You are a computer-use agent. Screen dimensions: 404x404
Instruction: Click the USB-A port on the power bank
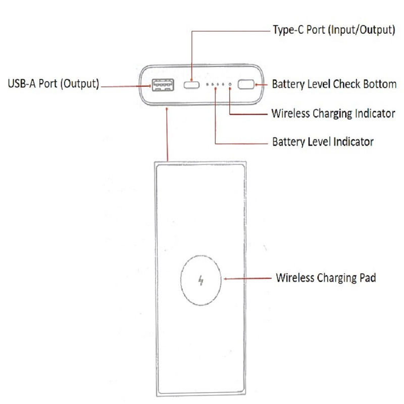(x=162, y=85)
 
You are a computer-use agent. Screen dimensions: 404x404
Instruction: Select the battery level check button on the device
(x=246, y=84)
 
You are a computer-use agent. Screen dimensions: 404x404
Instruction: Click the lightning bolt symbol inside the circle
(x=200, y=279)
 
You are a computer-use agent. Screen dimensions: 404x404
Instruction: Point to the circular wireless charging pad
(x=200, y=279)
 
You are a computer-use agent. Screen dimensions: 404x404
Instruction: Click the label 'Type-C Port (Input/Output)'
(x=334, y=30)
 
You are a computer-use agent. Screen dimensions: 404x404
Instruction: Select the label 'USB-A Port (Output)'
(x=53, y=83)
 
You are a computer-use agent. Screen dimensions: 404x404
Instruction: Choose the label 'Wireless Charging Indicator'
(x=333, y=113)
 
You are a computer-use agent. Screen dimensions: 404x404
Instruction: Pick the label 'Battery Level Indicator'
(x=323, y=142)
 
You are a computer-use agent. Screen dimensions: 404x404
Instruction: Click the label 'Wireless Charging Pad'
(x=326, y=278)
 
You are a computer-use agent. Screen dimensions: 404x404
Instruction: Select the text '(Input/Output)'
(x=362, y=30)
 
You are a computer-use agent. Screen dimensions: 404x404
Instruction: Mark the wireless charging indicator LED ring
(x=230, y=85)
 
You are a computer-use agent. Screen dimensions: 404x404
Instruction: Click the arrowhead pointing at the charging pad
(x=226, y=278)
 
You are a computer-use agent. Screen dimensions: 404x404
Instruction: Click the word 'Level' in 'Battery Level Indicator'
(x=319, y=142)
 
